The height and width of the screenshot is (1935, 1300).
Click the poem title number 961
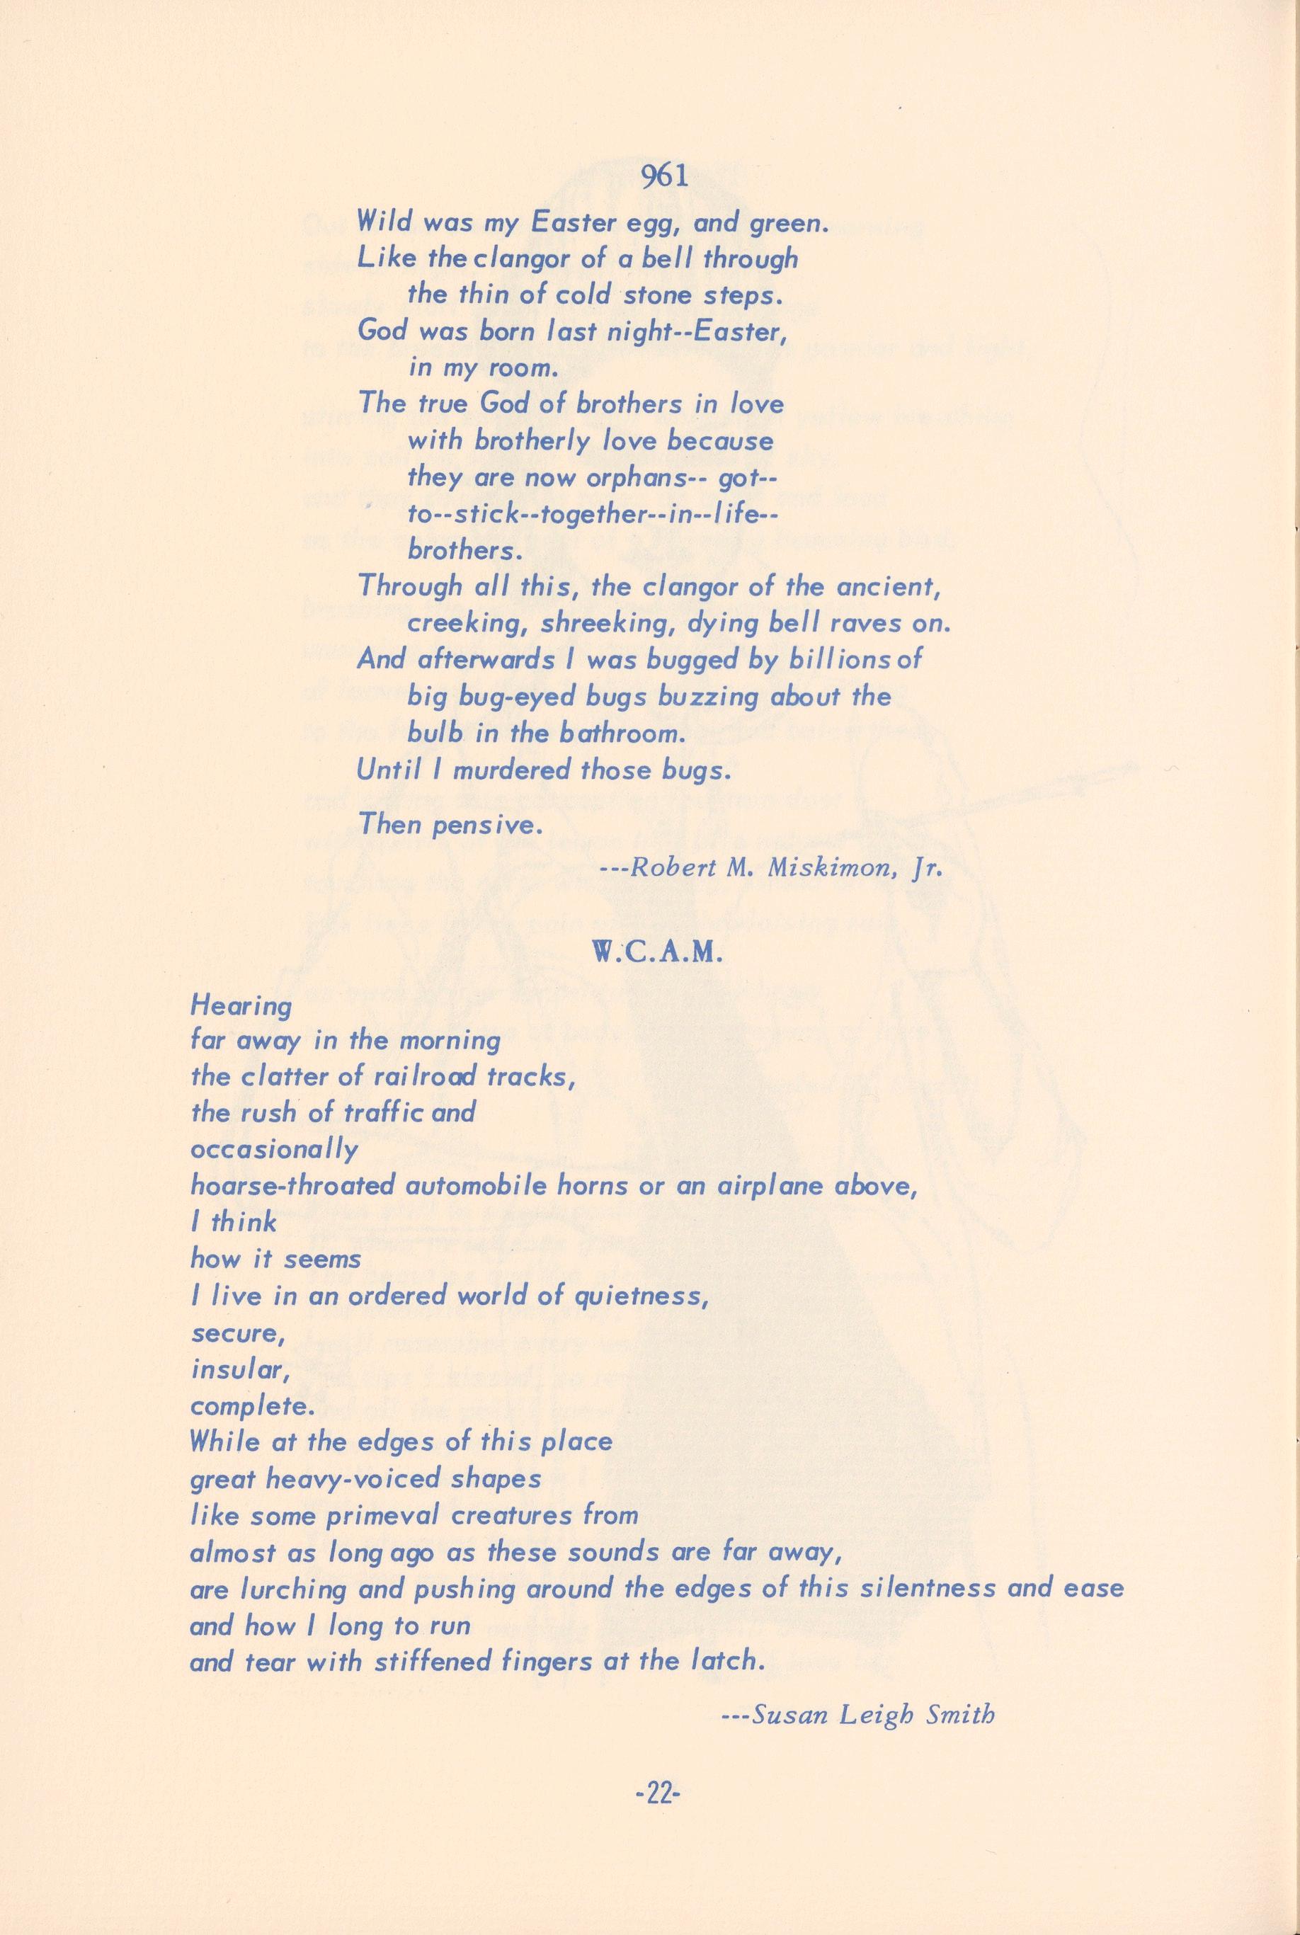tap(661, 178)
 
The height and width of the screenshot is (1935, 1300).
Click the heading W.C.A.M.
tap(659, 954)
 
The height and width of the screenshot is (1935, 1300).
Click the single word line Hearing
tap(241, 1007)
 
